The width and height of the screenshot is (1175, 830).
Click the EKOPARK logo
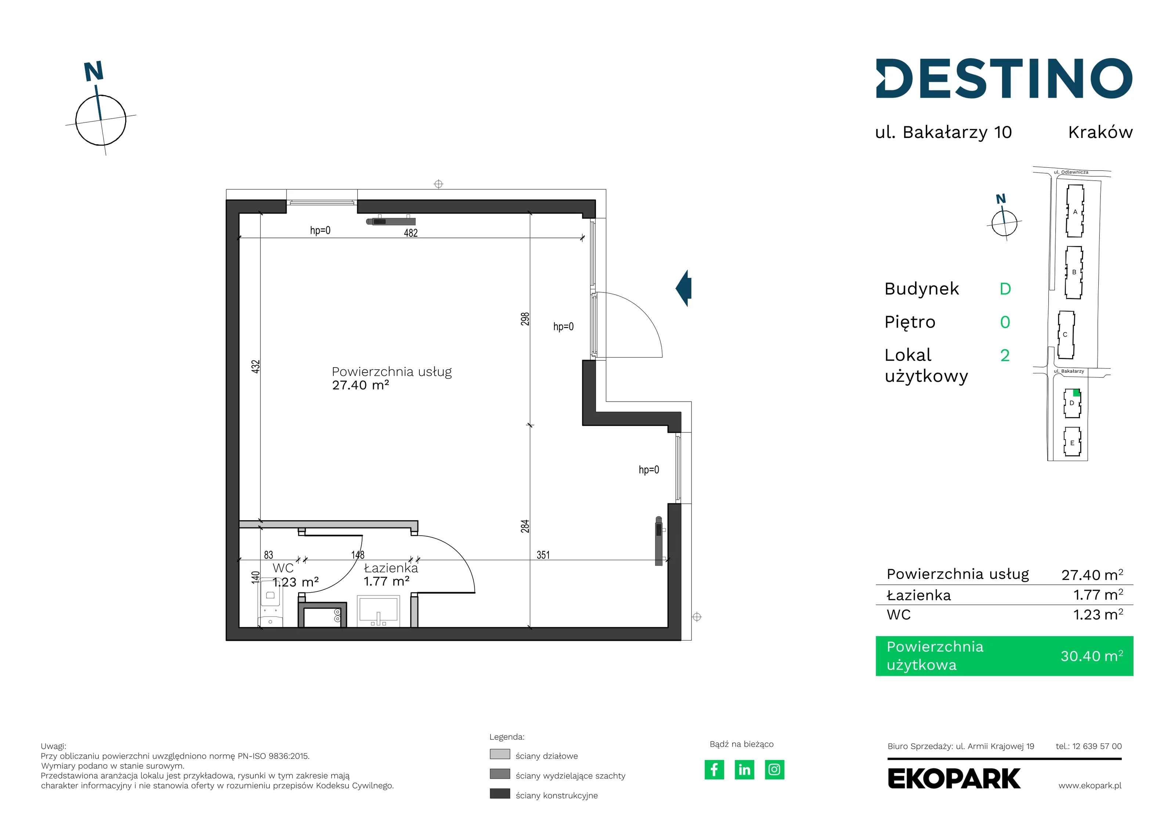[954, 779]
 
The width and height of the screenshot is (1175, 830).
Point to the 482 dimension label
[411, 233]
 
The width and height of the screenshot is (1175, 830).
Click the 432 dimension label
[255, 366]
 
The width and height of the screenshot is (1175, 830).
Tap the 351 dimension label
[543, 555]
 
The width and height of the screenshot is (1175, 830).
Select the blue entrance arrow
[684, 288]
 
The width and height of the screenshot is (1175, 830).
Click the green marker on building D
[1076, 392]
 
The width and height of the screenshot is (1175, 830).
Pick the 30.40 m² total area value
[1092, 656]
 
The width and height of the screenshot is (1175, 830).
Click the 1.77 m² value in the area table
[1098, 595]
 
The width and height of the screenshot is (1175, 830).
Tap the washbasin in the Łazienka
[378, 610]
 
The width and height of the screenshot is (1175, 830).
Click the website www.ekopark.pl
[1089, 786]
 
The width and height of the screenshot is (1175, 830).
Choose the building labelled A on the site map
[1075, 211]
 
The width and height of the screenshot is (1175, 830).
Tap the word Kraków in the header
[1100, 132]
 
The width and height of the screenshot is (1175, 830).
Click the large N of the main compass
[94, 72]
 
